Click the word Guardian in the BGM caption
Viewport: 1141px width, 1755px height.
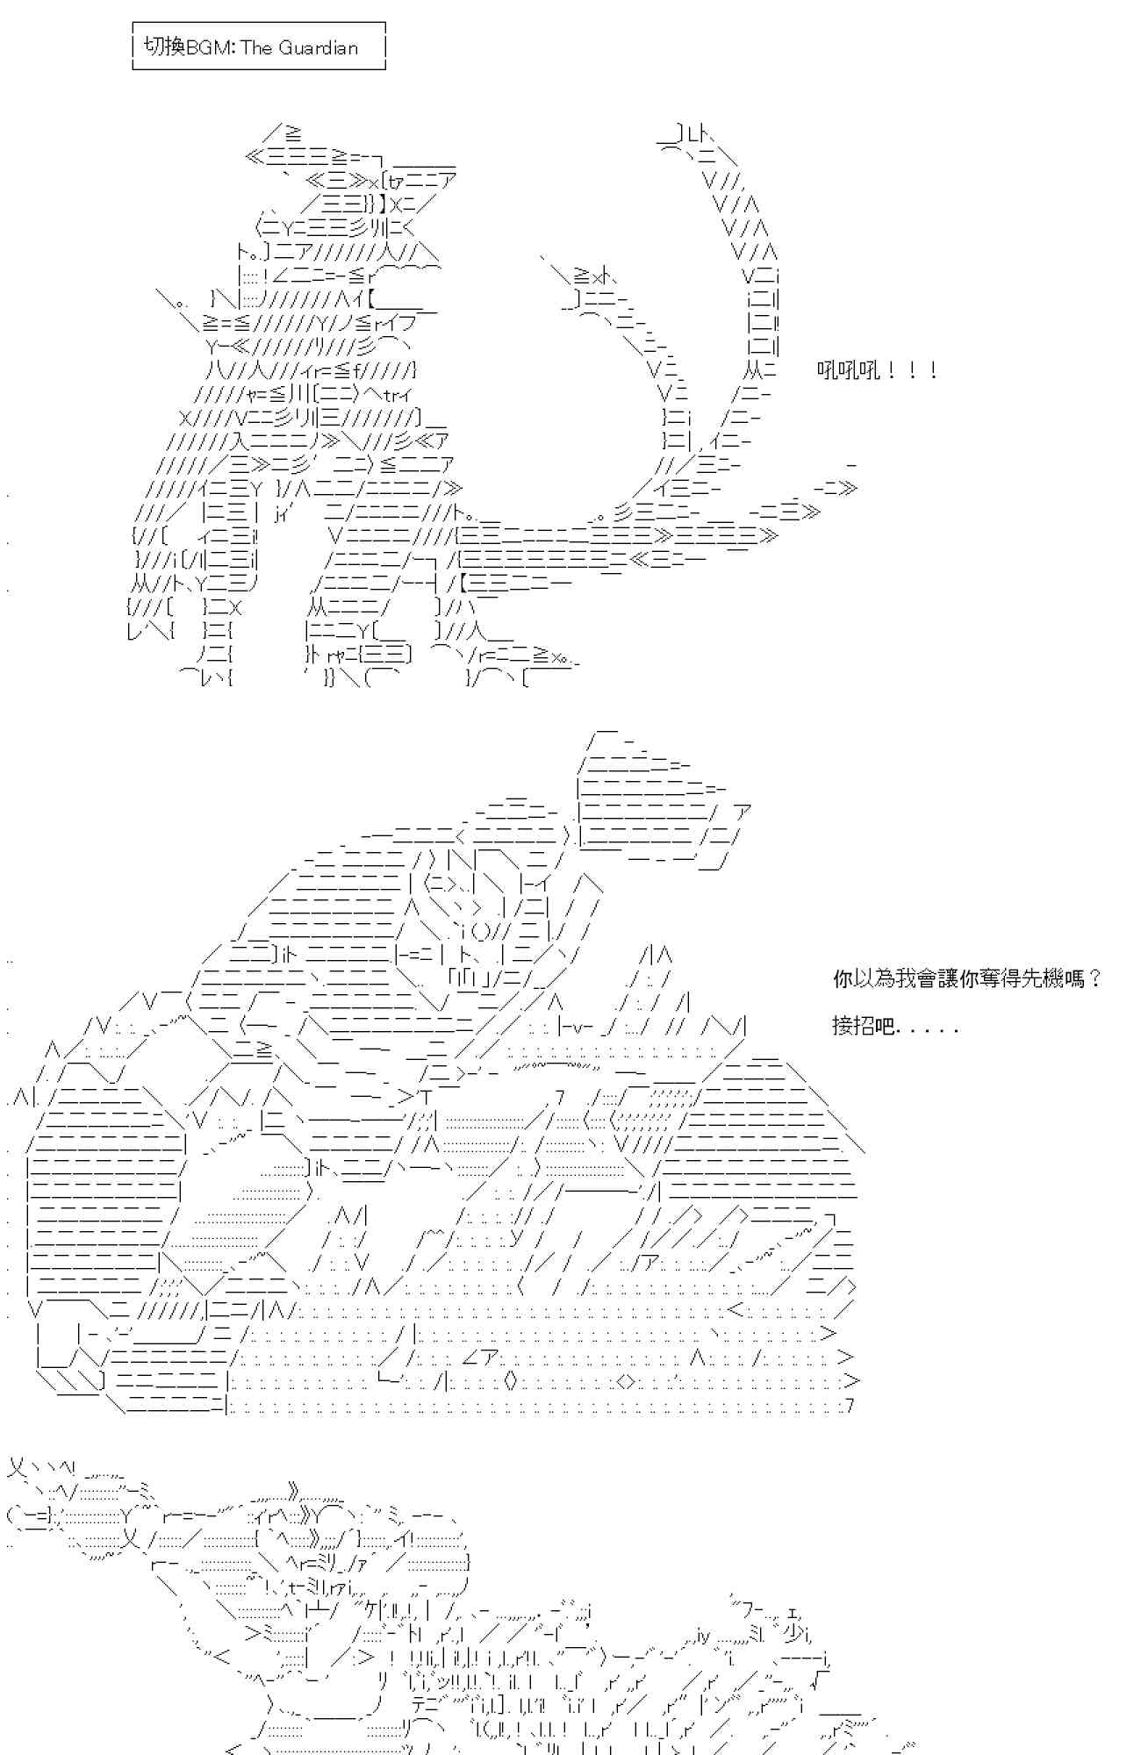(318, 48)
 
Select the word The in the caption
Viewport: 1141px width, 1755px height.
(257, 48)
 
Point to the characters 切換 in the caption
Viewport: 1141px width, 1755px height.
(163, 48)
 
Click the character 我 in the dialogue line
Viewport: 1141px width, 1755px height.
(907, 978)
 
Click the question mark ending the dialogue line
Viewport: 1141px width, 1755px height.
(1094, 978)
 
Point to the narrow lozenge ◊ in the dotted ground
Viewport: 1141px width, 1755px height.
(511, 1381)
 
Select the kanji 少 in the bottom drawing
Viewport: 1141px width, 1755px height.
(792, 1634)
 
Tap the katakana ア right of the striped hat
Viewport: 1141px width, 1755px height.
(743, 812)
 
